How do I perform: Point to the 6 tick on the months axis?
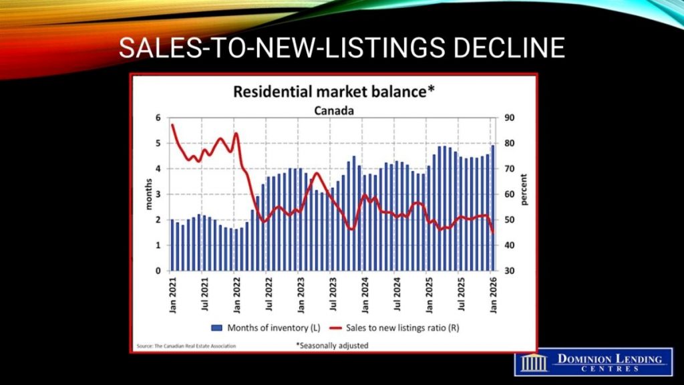(x=158, y=118)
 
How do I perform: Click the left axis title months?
(x=150, y=195)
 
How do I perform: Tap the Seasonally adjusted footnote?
(x=332, y=346)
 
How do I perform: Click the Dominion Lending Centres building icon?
(x=534, y=362)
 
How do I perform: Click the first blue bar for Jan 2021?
(x=172, y=245)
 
